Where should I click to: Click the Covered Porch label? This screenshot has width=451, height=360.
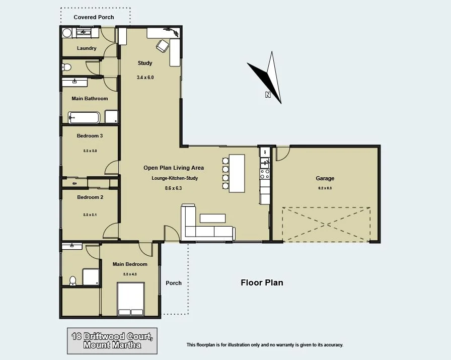pyautogui.click(x=94, y=17)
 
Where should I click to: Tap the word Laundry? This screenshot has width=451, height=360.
pyautogui.click(x=87, y=48)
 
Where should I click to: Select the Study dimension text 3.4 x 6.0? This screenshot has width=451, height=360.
pyautogui.click(x=144, y=78)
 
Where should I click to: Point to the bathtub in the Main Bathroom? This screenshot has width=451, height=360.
pyautogui.click(x=85, y=118)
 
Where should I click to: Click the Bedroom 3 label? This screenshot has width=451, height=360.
pyautogui.click(x=90, y=136)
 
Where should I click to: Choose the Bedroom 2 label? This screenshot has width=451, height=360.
pyautogui.click(x=90, y=197)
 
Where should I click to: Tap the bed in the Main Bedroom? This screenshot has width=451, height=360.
pyautogui.click(x=130, y=299)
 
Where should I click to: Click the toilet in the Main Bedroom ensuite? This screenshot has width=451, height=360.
pyautogui.click(x=72, y=280)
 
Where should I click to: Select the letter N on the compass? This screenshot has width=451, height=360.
pyautogui.click(x=268, y=94)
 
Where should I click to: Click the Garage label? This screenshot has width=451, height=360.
pyautogui.click(x=325, y=178)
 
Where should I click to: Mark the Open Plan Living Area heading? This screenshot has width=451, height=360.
pyautogui.click(x=174, y=168)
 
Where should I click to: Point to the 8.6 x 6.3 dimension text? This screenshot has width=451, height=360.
pyautogui.click(x=174, y=188)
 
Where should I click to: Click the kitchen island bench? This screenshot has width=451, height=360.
pyautogui.click(x=237, y=173)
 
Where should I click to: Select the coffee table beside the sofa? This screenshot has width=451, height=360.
pyautogui.click(x=213, y=218)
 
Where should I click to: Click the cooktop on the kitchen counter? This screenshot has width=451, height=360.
pyautogui.click(x=265, y=174)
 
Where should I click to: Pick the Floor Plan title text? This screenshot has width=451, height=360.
pyautogui.click(x=262, y=283)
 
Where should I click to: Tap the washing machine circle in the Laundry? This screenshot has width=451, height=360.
pyautogui.click(x=67, y=33)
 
